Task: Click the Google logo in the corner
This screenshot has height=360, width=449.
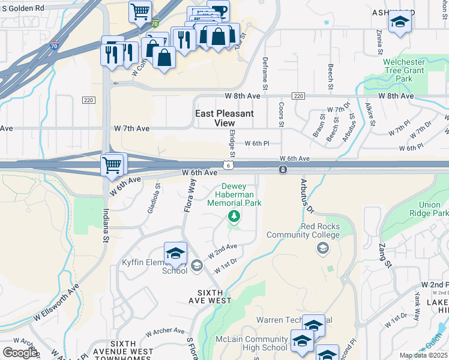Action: (x=19, y=353)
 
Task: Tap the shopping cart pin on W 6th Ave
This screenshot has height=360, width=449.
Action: (x=112, y=165)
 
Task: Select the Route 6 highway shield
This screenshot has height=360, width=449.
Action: (x=228, y=164)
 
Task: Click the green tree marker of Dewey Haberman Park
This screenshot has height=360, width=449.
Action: (x=234, y=216)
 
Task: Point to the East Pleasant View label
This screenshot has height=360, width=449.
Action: (x=224, y=118)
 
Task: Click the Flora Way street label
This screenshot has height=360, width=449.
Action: (x=191, y=196)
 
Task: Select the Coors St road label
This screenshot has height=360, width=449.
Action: (x=281, y=114)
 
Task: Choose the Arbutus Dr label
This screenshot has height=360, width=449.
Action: (x=304, y=197)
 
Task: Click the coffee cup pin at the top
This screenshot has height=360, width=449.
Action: (x=218, y=10)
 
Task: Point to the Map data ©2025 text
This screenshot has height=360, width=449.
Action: (x=423, y=355)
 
